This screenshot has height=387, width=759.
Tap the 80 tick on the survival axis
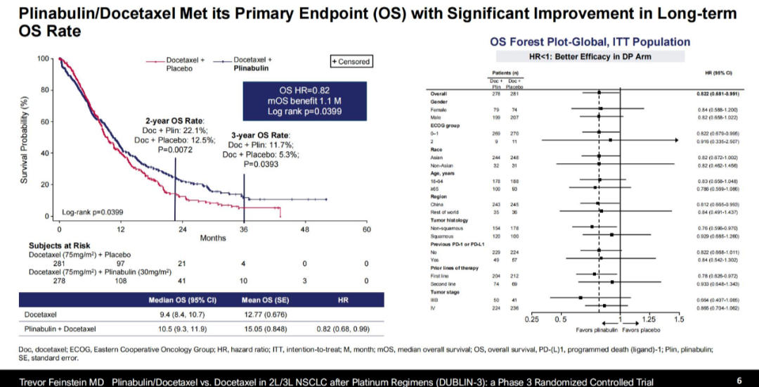44,90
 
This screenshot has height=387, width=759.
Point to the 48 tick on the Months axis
304,229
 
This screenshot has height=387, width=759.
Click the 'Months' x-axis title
213,238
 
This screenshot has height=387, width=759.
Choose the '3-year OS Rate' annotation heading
259,135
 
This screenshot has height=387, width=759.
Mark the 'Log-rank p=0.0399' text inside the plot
92,212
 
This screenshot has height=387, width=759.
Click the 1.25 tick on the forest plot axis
649,319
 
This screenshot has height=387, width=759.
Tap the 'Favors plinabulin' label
597,329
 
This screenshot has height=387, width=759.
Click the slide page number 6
739,381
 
